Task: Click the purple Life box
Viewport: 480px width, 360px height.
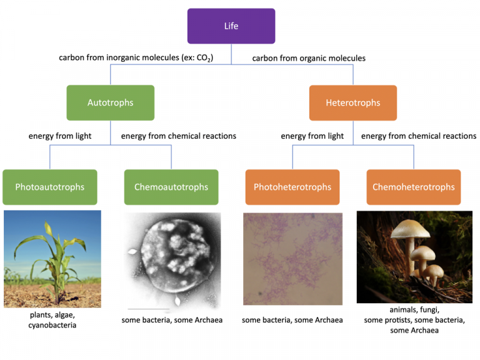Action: (231, 26)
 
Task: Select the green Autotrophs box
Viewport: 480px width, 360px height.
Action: (110, 102)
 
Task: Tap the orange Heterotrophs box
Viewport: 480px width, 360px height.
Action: (352, 102)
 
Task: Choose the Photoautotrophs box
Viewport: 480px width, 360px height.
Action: (50, 187)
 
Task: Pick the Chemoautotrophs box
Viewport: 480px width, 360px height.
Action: (171, 187)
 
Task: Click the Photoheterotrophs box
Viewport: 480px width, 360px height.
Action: (292, 187)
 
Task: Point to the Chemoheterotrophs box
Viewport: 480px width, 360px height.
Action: (413, 187)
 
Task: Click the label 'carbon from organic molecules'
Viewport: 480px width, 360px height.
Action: (309, 58)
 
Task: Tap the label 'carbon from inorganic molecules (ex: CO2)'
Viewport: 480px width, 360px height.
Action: (136, 58)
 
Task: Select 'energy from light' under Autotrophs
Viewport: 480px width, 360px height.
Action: (60, 136)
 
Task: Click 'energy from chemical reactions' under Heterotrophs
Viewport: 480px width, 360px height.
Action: (419, 136)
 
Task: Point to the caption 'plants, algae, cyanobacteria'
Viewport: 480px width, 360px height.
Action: (52, 320)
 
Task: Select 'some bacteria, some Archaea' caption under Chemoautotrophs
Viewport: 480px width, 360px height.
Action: (172, 320)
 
